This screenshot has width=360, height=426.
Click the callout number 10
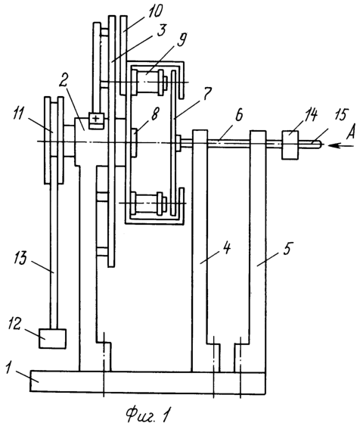click(x=154, y=11)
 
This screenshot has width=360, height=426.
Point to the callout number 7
click(x=206, y=94)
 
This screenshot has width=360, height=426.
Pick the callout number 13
click(x=21, y=257)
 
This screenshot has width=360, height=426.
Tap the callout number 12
click(x=14, y=324)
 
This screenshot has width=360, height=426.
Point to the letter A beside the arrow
click(x=351, y=133)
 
